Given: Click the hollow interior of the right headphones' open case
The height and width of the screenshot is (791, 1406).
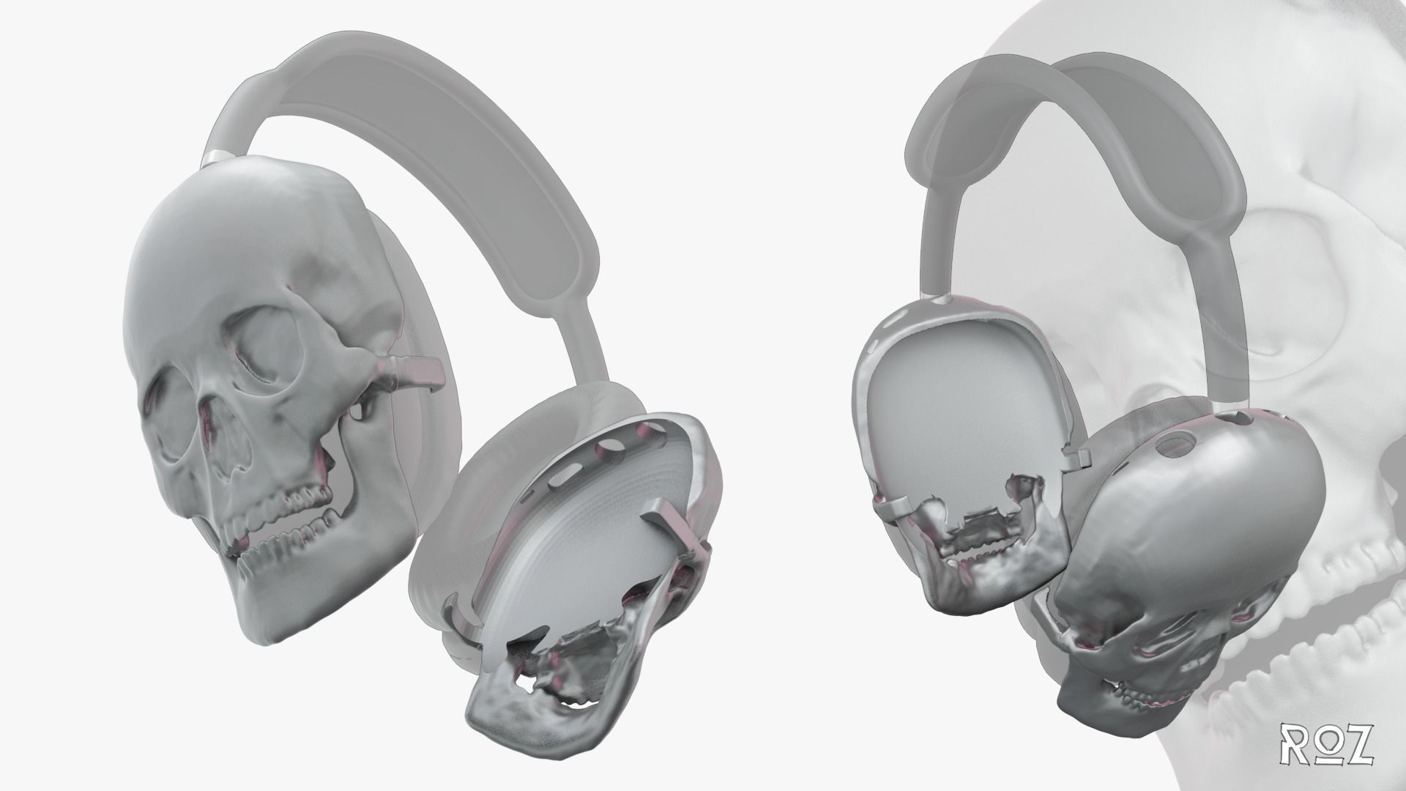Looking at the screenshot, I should tap(952, 410).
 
